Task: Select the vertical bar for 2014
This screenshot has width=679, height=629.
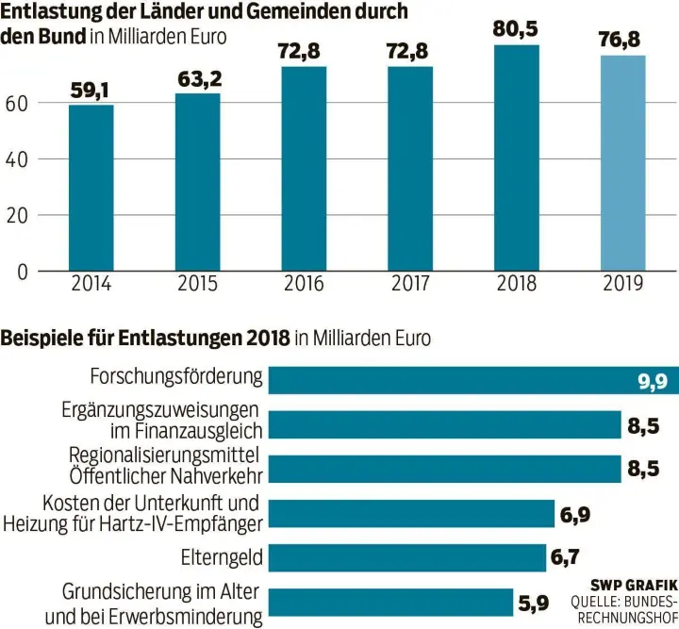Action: click(x=91, y=188)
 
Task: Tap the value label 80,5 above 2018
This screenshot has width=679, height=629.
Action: click(x=516, y=29)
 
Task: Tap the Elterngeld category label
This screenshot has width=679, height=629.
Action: click(x=222, y=557)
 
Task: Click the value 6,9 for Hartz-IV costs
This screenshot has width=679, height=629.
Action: click(x=576, y=514)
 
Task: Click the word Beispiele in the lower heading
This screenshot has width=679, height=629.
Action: click(x=41, y=338)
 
